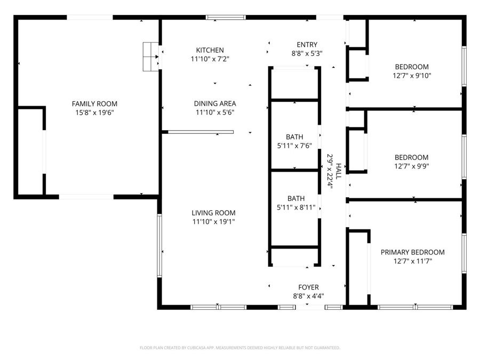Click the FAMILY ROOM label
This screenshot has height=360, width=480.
point(94,104)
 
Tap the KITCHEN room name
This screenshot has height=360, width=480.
point(210,50)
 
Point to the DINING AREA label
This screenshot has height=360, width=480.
point(215,103)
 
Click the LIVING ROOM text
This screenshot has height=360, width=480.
point(214,213)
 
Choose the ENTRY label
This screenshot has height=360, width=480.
point(307,45)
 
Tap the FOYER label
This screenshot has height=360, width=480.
point(308,287)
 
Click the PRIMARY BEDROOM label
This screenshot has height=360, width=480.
point(412,252)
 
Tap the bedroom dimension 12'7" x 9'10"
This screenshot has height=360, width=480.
point(411,76)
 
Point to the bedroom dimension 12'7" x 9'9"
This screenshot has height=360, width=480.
point(411,166)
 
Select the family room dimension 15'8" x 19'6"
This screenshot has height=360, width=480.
point(94,113)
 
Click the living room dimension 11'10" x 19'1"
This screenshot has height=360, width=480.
point(214,221)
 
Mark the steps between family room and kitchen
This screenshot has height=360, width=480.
point(151,56)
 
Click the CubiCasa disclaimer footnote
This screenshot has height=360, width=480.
point(239,348)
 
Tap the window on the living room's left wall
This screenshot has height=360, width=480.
point(159,245)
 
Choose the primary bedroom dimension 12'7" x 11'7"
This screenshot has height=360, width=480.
point(412,261)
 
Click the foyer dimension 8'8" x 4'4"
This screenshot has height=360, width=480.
point(308,296)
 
